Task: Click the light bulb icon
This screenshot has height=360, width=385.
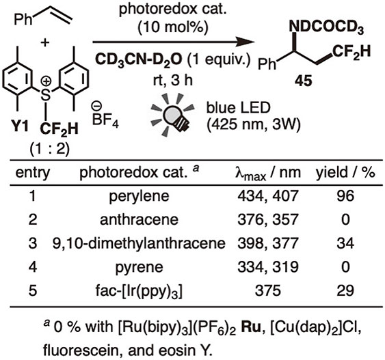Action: pos(172,115)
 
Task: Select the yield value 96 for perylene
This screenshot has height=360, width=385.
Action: pos(345,196)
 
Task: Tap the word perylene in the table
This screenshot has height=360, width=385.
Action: pos(139,197)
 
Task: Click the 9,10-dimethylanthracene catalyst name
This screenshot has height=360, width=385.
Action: pos(139,243)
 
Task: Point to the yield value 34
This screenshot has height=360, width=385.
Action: pos(345,243)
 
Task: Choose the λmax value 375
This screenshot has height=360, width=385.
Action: pos(268,291)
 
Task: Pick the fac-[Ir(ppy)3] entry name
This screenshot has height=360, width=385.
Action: pos(139,292)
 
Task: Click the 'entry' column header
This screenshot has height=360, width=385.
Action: pos(32,173)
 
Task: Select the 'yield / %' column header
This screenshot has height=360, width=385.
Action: pos(345,172)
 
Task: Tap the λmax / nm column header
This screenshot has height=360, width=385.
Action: pos(268,173)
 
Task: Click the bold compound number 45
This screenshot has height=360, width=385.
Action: pos(304,81)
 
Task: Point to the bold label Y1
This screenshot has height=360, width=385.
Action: pos(19,127)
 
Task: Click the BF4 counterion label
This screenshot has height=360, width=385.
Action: pos(105,118)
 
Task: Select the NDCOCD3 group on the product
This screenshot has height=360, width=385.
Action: pos(326,27)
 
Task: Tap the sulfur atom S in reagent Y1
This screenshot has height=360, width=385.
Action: pos(45,95)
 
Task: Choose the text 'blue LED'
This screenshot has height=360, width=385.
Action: pos(238,108)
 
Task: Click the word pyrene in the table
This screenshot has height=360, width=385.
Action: pos(139,268)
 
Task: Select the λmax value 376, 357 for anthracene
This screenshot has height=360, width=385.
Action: pos(268,220)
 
